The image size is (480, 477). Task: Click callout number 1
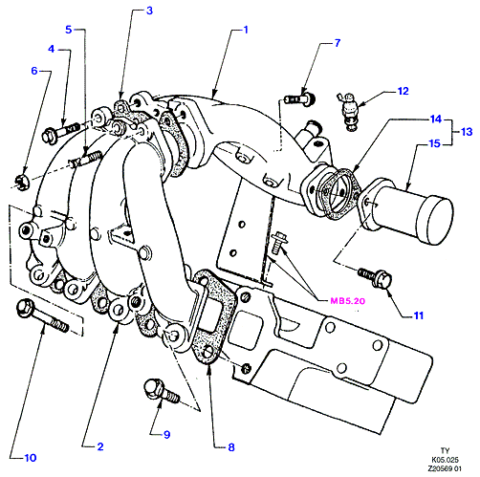click(x=246, y=30)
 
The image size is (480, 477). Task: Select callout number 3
click(x=149, y=11)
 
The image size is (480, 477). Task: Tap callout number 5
click(x=69, y=30)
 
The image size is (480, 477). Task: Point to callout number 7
click(x=338, y=43)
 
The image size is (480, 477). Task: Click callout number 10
click(x=31, y=458)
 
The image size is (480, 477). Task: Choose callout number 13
click(x=467, y=132)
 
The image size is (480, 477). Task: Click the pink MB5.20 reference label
click(x=347, y=301)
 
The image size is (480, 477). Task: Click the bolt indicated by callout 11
click(x=375, y=277)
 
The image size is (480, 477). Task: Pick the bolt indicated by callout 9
click(x=162, y=390)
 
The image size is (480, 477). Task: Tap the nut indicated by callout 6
click(x=22, y=183)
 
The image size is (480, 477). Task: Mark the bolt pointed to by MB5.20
click(x=277, y=243)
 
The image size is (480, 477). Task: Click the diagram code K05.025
click(x=445, y=460)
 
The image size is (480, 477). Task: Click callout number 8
click(x=231, y=447)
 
